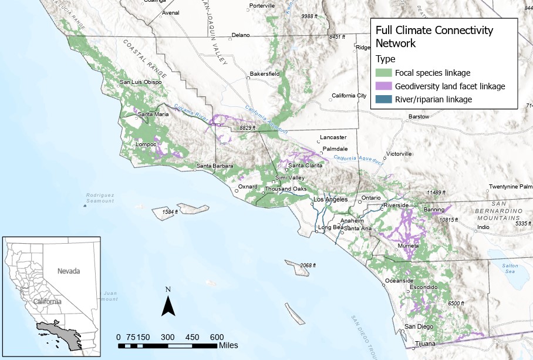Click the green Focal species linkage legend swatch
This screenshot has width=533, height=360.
tap(384, 73)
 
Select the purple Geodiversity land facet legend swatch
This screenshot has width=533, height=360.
tap(384, 86)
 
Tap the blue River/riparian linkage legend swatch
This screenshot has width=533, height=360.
tap(384, 100)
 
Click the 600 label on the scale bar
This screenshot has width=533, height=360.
tap(217, 337)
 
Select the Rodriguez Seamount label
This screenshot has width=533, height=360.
tap(100, 198)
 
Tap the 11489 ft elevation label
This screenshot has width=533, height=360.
tap(436, 193)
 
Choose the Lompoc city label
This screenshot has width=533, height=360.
tap(146, 144)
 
